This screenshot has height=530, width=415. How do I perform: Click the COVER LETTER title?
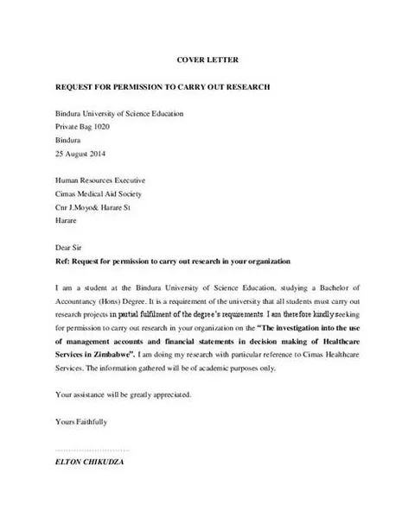(207, 60)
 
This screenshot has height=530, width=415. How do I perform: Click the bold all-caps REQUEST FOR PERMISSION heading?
(163, 87)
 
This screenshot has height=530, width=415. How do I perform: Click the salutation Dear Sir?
(68, 248)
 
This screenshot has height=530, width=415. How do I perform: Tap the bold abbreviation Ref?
(62, 261)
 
